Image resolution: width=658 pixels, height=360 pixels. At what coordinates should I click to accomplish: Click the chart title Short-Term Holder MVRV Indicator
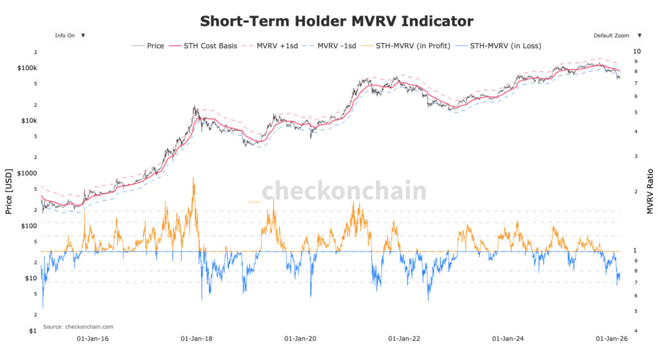pyautogui.click(x=337, y=21)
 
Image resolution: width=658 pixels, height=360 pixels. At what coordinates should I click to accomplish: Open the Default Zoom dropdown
pyautogui.click(x=615, y=36)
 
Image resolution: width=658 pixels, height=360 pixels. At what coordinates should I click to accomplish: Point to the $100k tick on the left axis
pyautogui.click(x=28, y=68)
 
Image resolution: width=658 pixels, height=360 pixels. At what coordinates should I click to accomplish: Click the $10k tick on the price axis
pyautogui.click(x=30, y=121)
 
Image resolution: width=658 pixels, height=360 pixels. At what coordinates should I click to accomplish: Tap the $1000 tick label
pyautogui.click(x=28, y=174)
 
